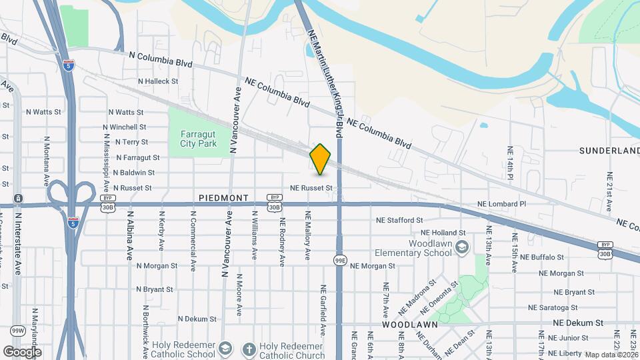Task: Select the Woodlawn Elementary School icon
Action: point(461,248)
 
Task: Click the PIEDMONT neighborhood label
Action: point(223,198)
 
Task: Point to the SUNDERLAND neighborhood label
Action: point(609,151)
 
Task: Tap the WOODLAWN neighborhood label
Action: point(409,324)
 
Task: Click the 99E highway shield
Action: point(340,260)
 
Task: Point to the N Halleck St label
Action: point(159,81)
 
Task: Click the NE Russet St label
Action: point(311,188)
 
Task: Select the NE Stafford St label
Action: point(399,220)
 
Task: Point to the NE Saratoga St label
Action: point(552,307)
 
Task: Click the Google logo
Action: point(22,351)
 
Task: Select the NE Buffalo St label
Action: point(542,257)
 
